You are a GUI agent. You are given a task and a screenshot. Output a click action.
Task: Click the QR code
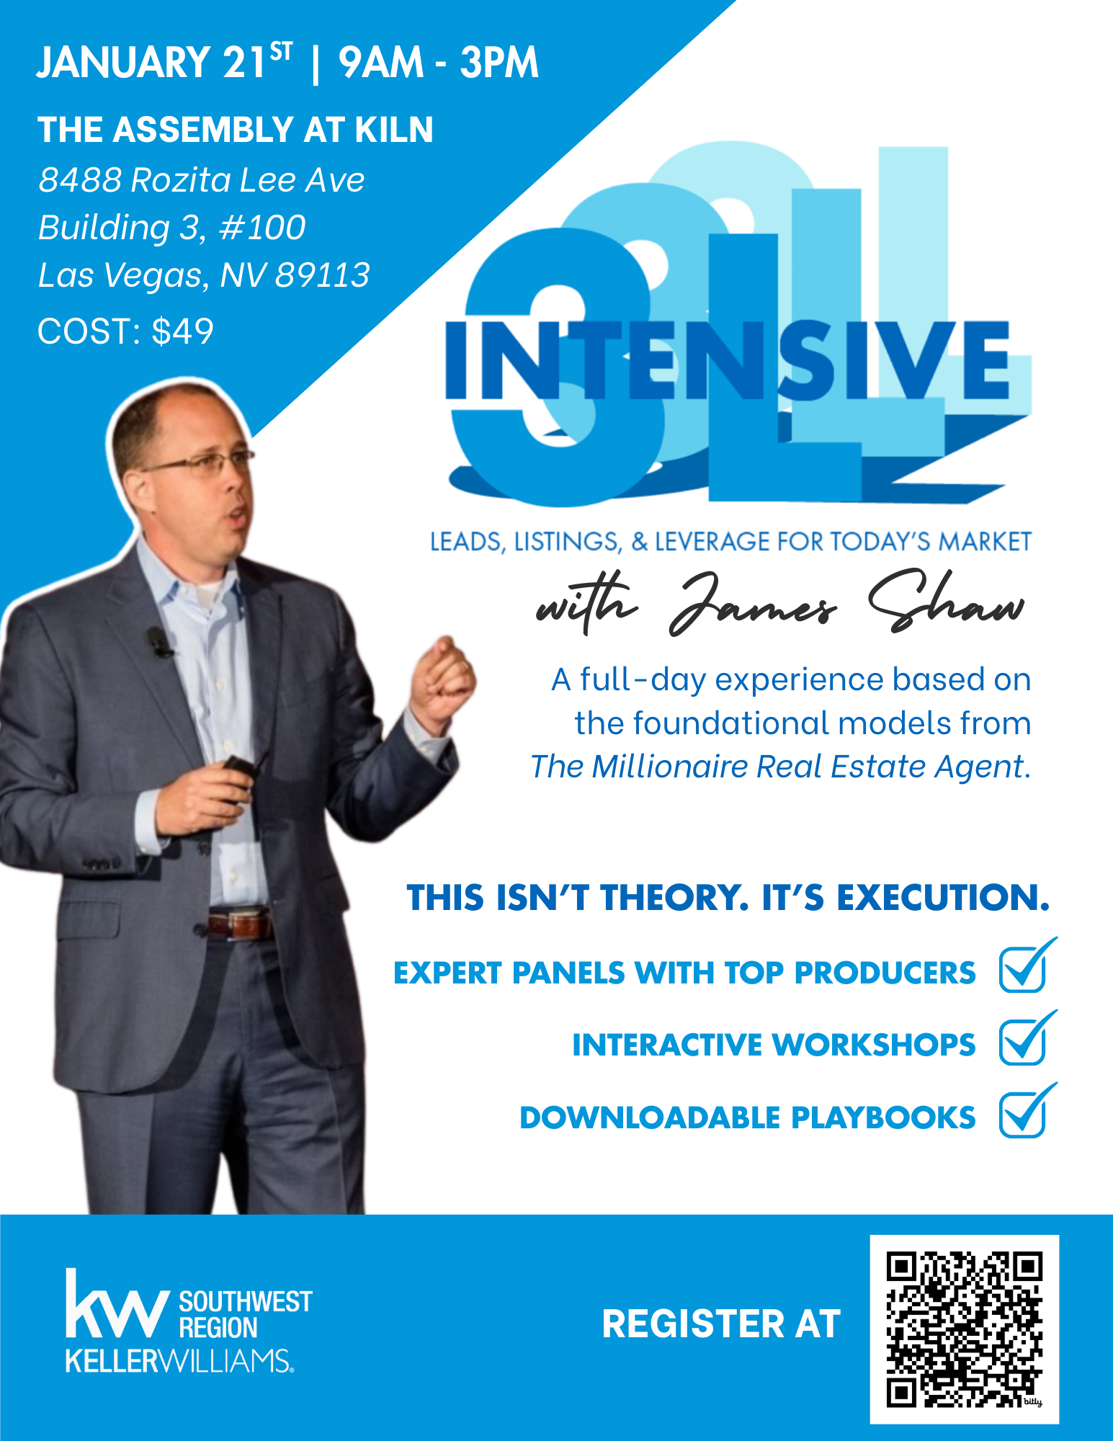coord(964,1329)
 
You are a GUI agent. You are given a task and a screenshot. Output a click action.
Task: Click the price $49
coord(183,331)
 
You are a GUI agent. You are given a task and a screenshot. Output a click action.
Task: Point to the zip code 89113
coord(323,275)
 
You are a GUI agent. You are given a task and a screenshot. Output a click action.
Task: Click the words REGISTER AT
coord(721,1324)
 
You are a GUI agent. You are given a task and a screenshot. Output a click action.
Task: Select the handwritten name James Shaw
coord(847,604)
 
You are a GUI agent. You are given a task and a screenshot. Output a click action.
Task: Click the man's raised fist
coord(441,676)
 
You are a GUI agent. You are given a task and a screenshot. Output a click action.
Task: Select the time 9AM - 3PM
coord(439,63)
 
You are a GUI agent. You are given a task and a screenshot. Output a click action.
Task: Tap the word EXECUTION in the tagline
coord(942,898)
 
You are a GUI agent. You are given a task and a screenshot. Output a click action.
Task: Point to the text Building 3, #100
coord(171,228)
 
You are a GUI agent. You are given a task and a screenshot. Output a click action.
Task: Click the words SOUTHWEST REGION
coord(246,1314)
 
